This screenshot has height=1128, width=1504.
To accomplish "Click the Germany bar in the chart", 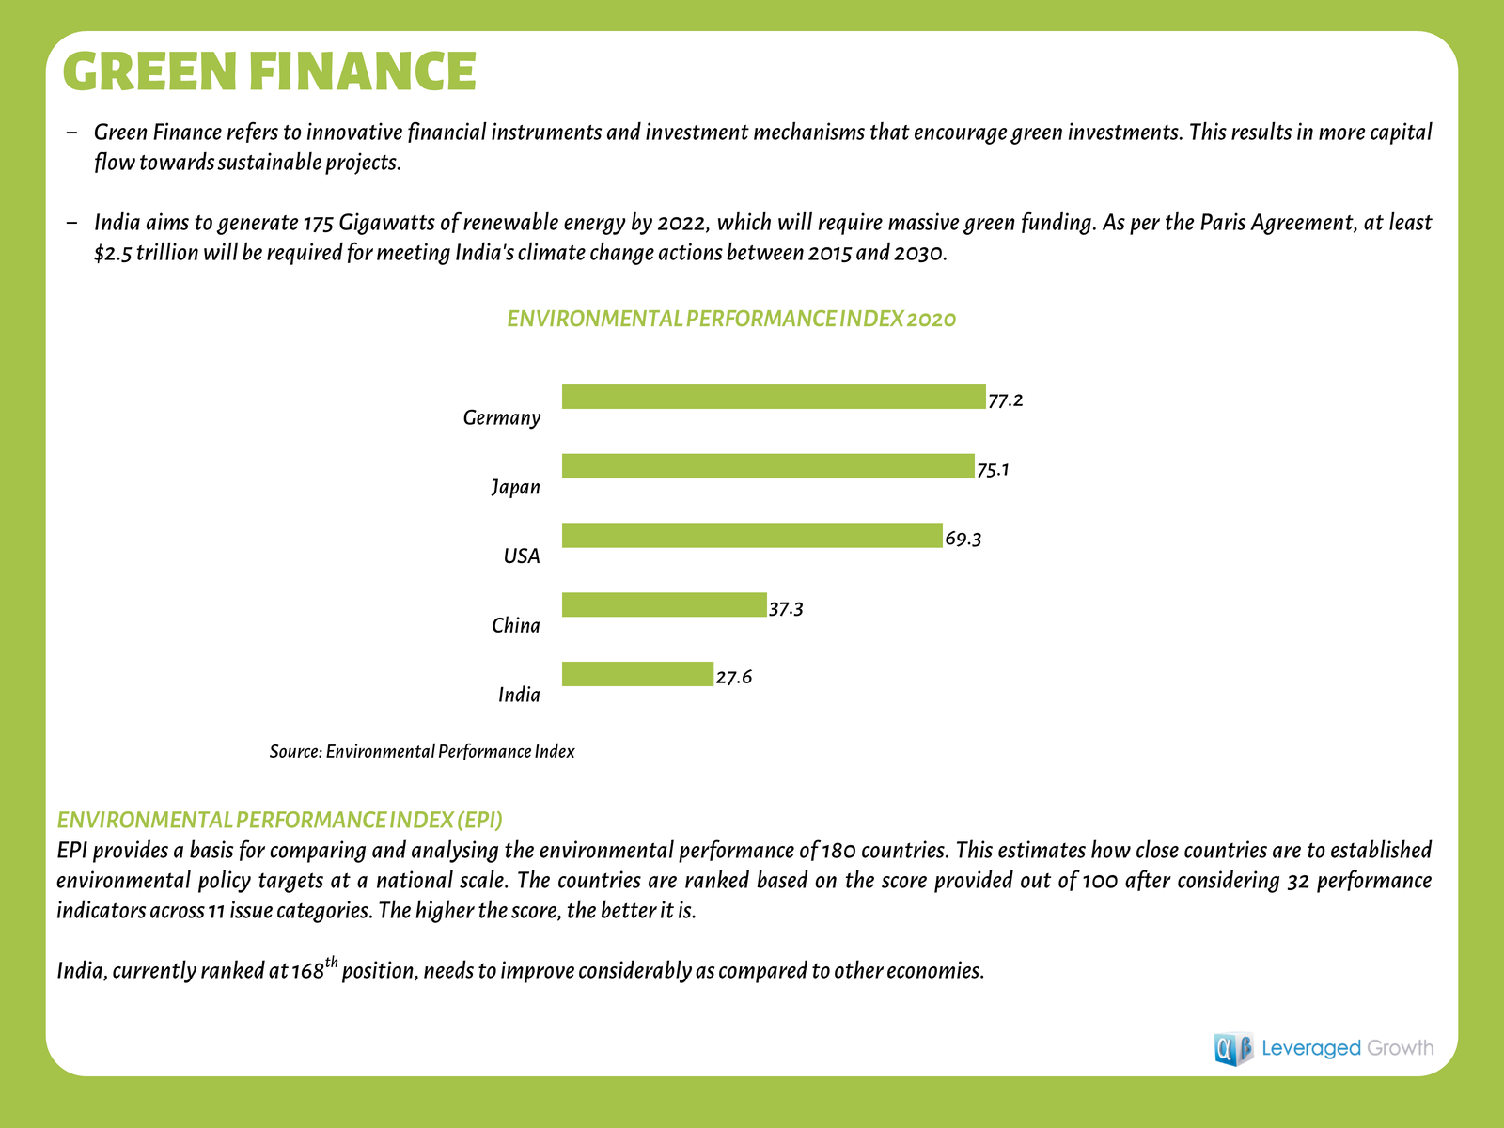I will click(x=773, y=397).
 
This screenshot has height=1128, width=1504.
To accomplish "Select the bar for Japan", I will click(x=767, y=466).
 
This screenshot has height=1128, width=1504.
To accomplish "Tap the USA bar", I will click(x=751, y=536).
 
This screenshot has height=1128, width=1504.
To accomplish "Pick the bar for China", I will click(x=664, y=604).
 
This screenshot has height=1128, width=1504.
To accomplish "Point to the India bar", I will click(x=637, y=674).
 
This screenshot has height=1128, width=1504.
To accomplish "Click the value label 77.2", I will click(x=1005, y=400).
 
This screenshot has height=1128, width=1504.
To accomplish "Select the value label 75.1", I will click(x=993, y=470).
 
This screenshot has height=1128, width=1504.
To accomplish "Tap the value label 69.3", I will click(x=963, y=540).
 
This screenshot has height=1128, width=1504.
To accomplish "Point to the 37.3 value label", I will click(x=786, y=609).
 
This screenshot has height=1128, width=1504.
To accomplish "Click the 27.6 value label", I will click(x=733, y=678).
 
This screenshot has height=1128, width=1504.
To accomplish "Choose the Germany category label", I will click(x=502, y=417).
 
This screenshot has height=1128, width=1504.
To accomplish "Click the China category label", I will click(x=516, y=626).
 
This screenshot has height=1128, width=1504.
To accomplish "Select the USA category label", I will click(x=522, y=556).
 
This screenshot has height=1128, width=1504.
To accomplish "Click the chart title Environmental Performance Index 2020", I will click(x=731, y=320).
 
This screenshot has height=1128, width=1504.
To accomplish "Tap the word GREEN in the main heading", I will click(x=151, y=71).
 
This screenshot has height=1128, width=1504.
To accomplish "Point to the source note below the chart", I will click(x=422, y=752).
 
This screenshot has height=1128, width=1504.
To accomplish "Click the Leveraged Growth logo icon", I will click(x=1233, y=1048).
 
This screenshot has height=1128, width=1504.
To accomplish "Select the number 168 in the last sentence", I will click(x=307, y=971).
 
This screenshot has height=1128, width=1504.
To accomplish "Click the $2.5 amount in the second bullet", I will click(x=113, y=254).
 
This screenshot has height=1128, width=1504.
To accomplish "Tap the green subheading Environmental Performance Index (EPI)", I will click(x=280, y=820).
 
